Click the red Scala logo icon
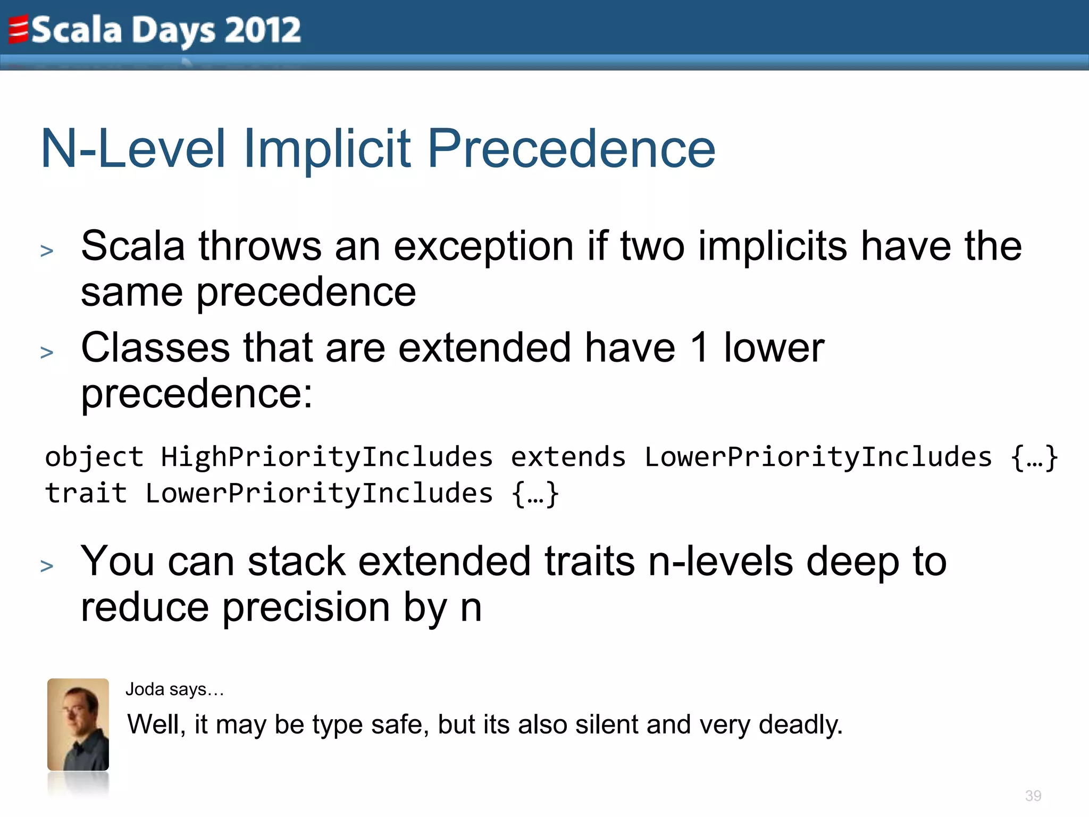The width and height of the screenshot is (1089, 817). [18, 30]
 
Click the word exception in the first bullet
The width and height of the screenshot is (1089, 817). [483, 246]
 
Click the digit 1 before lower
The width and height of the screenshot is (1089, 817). [700, 348]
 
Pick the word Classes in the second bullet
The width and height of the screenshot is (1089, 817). [155, 348]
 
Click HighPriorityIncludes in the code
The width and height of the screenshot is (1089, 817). [326, 457]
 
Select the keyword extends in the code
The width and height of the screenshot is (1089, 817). [568, 457]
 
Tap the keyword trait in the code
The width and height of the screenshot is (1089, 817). [86, 494]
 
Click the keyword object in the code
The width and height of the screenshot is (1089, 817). [94, 457]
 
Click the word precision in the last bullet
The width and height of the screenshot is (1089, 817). [306, 607]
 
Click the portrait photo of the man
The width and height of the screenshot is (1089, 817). [78, 724]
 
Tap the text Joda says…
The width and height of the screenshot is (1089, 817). [174, 689]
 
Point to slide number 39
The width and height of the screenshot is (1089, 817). [1033, 796]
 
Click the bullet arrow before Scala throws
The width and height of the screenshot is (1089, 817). [47, 251]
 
